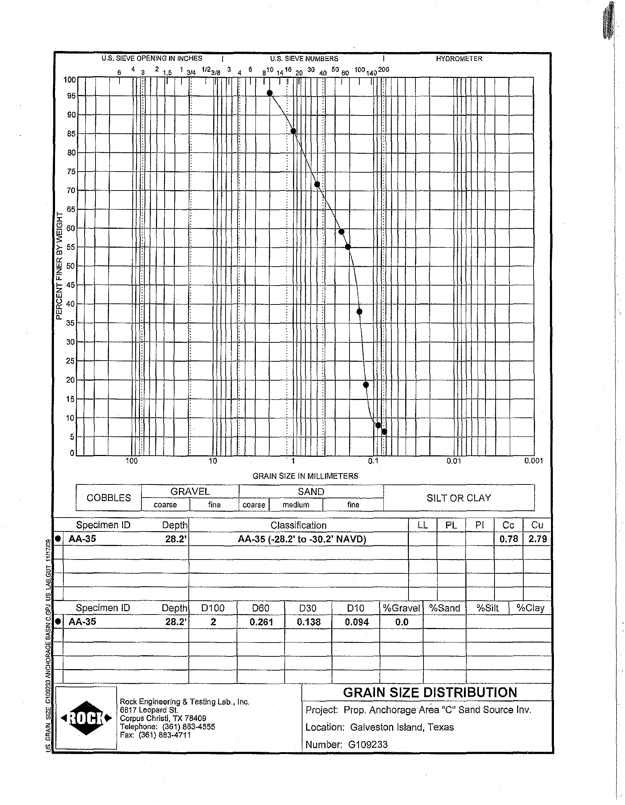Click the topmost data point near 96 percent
point(270,93)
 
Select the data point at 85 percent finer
point(293,131)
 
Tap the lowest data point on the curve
point(384,432)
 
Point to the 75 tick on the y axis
point(71,172)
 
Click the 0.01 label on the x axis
point(454,461)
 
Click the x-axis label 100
point(132,461)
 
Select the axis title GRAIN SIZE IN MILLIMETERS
point(305,476)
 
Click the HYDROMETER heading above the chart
point(459,59)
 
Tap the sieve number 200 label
point(383,70)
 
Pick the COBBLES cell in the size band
point(109,498)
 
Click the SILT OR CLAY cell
point(459,498)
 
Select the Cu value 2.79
point(537,539)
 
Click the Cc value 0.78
point(508,539)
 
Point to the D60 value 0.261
point(261,622)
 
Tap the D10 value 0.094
point(356,622)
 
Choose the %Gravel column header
point(401,608)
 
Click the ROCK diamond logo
point(86,718)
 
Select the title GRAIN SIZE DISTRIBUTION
point(430,692)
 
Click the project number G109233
point(368,745)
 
